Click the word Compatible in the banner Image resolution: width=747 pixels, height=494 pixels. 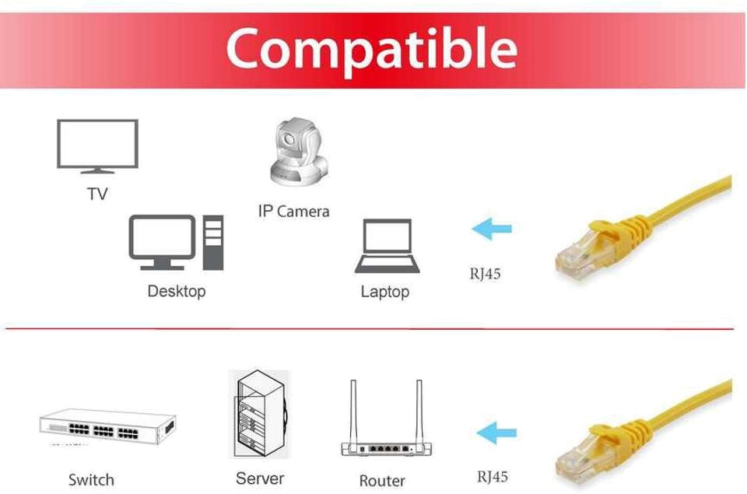point(371,48)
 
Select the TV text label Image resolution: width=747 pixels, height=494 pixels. point(97,194)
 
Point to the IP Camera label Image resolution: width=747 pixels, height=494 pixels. point(293,211)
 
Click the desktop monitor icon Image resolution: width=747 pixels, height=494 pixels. point(162,241)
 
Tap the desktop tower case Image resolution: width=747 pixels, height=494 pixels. point(212,243)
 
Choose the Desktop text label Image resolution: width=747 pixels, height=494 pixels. point(177,292)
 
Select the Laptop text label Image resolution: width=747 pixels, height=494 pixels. point(384,293)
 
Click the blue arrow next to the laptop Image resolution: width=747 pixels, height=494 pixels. point(492,229)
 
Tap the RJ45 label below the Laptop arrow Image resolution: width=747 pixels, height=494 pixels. point(485,274)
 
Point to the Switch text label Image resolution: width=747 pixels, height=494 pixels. point(91,480)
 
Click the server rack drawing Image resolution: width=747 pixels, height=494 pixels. point(258,416)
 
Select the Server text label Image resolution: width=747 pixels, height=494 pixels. point(260,478)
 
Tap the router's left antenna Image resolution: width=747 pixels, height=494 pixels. point(353,412)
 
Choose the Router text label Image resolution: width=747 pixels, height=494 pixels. point(382,481)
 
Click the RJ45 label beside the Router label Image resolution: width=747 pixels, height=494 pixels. point(493,477)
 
